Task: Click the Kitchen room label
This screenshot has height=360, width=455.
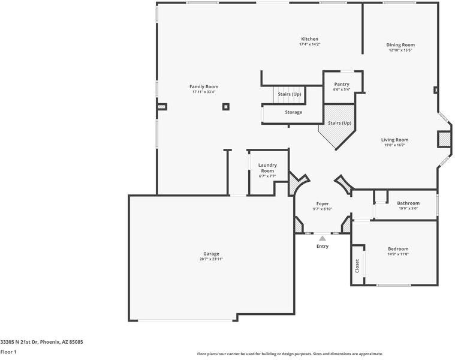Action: [x=309, y=39]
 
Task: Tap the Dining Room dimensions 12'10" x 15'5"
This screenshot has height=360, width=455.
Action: [x=400, y=50]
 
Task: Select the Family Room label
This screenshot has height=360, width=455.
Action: [x=204, y=86]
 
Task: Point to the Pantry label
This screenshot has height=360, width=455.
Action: [x=342, y=84]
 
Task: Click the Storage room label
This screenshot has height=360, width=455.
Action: [x=293, y=112]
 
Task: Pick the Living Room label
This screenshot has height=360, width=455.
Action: [x=394, y=140]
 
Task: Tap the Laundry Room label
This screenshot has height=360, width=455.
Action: [x=267, y=168]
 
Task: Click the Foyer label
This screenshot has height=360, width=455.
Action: [x=323, y=204]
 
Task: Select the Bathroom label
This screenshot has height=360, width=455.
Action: [x=408, y=203]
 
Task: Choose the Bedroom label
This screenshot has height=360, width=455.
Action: [x=398, y=249]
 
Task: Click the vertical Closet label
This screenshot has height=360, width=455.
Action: [x=357, y=266]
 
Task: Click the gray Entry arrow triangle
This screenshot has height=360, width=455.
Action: [x=323, y=238]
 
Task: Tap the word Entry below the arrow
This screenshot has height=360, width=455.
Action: [x=323, y=246]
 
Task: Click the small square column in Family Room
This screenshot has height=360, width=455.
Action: [x=226, y=107]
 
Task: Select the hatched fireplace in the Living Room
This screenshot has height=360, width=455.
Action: [x=443, y=140]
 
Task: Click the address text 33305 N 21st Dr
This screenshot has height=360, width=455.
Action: [x=19, y=342]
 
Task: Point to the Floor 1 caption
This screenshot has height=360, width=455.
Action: [x=8, y=352]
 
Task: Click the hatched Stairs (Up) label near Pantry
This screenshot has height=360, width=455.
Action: [x=339, y=123]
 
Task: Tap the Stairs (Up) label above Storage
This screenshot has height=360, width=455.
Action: [x=290, y=94]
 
